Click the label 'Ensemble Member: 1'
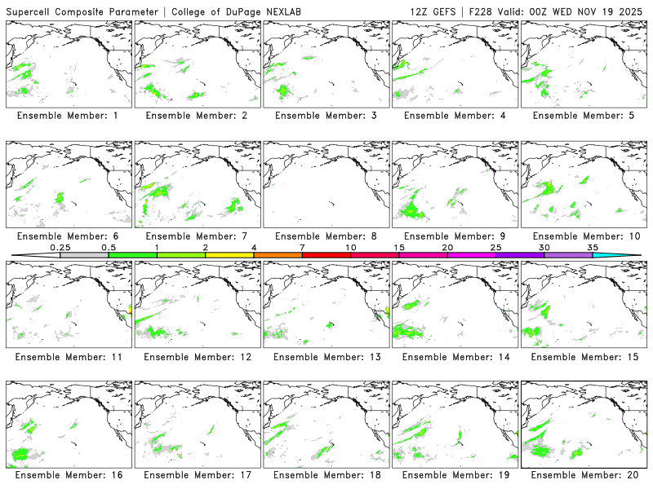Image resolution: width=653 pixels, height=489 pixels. (x=68, y=116)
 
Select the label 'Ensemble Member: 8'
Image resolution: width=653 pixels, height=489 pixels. (x=326, y=236)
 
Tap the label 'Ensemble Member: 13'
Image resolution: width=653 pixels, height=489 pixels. (x=326, y=356)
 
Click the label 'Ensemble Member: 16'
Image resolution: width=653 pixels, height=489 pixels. (x=68, y=475)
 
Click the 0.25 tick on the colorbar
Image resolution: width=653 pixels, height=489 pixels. (x=60, y=255)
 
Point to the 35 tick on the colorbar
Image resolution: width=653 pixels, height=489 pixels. (x=593, y=255)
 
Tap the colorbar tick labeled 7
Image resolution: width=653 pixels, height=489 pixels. (x=302, y=255)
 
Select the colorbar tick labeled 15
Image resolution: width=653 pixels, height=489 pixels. (x=399, y=255)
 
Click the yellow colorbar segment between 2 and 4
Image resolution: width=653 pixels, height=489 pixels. (x=229, y=255)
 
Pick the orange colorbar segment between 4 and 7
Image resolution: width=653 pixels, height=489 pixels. (x=278, y=255)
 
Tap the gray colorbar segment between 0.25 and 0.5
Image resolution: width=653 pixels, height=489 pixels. (x=84, y=255)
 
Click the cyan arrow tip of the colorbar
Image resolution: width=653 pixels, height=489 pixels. (x=629, y=255)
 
